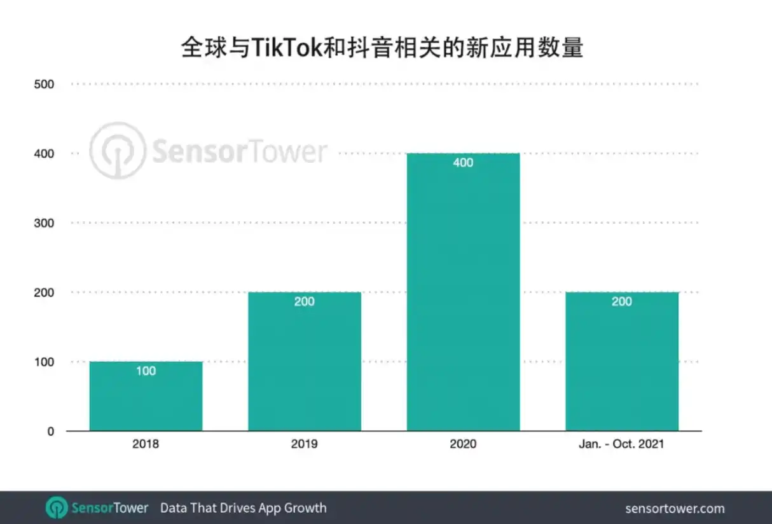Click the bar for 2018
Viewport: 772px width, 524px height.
(x=146, y=396)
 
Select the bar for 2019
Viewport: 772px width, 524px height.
(x=305, y=361)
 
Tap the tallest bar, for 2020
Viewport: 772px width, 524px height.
(x=463, y=292)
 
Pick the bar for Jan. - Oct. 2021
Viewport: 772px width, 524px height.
(x=622, y=361)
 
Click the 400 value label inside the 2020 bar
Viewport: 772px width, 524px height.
(x=463, y=162)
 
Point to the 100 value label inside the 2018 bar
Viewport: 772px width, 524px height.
(x=146, y=371)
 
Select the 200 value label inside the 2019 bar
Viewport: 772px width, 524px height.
(x=305, y=301)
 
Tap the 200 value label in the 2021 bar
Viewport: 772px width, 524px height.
(x=622, y=301)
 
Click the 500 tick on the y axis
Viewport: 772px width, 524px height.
(x=44, y=85)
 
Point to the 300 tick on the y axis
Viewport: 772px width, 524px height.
(x=44, y=223)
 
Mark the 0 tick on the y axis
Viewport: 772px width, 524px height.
(x=51, y=431)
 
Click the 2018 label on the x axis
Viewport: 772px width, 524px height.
(x=146, y=444)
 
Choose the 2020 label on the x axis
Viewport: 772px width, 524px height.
(x=463, y=444)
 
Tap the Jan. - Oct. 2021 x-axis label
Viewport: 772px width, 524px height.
(x=622, y=444)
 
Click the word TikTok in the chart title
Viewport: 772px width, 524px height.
(x=287, y=47)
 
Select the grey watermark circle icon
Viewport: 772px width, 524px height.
(x=118, y=150)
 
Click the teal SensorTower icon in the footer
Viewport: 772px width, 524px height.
(x=57, y=507)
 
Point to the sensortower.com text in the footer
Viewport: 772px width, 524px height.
(x=675, y=509)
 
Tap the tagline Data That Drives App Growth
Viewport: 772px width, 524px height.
(x=244, y=508)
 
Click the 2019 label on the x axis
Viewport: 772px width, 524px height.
(x=305, y=444)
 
